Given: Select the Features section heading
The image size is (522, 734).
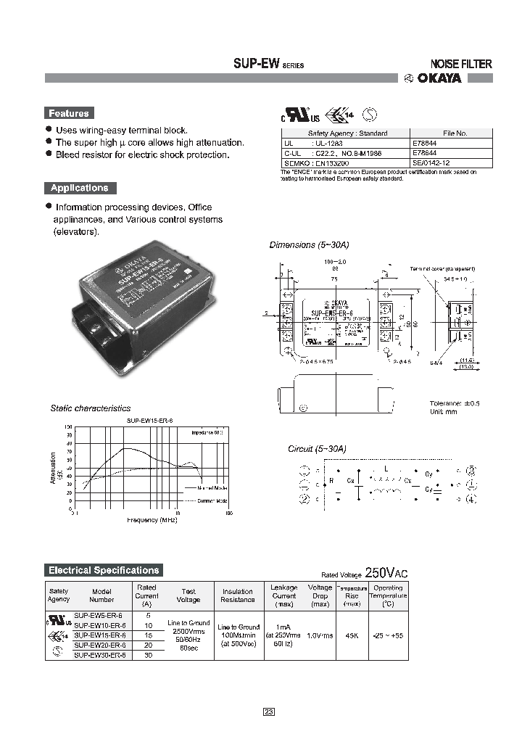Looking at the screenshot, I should point(68,113).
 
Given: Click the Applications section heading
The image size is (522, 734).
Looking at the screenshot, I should point(79,188).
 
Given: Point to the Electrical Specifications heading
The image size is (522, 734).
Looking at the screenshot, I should point(103,570).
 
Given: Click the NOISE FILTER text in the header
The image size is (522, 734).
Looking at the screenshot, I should point(461,64).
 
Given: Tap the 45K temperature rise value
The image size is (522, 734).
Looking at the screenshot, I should point(352,635).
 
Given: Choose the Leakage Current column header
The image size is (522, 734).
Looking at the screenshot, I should point(284,595).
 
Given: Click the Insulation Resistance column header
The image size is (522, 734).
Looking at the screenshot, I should point(238,595).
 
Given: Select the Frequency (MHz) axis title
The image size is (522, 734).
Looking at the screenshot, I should point(152,520).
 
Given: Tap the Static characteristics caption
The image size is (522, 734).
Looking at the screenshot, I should point(91,408).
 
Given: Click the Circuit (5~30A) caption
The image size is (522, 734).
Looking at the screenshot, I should point(318,449).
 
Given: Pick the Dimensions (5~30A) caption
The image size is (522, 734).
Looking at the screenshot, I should point(302,245).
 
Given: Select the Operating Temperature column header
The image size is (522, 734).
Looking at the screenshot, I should point(389,595).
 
